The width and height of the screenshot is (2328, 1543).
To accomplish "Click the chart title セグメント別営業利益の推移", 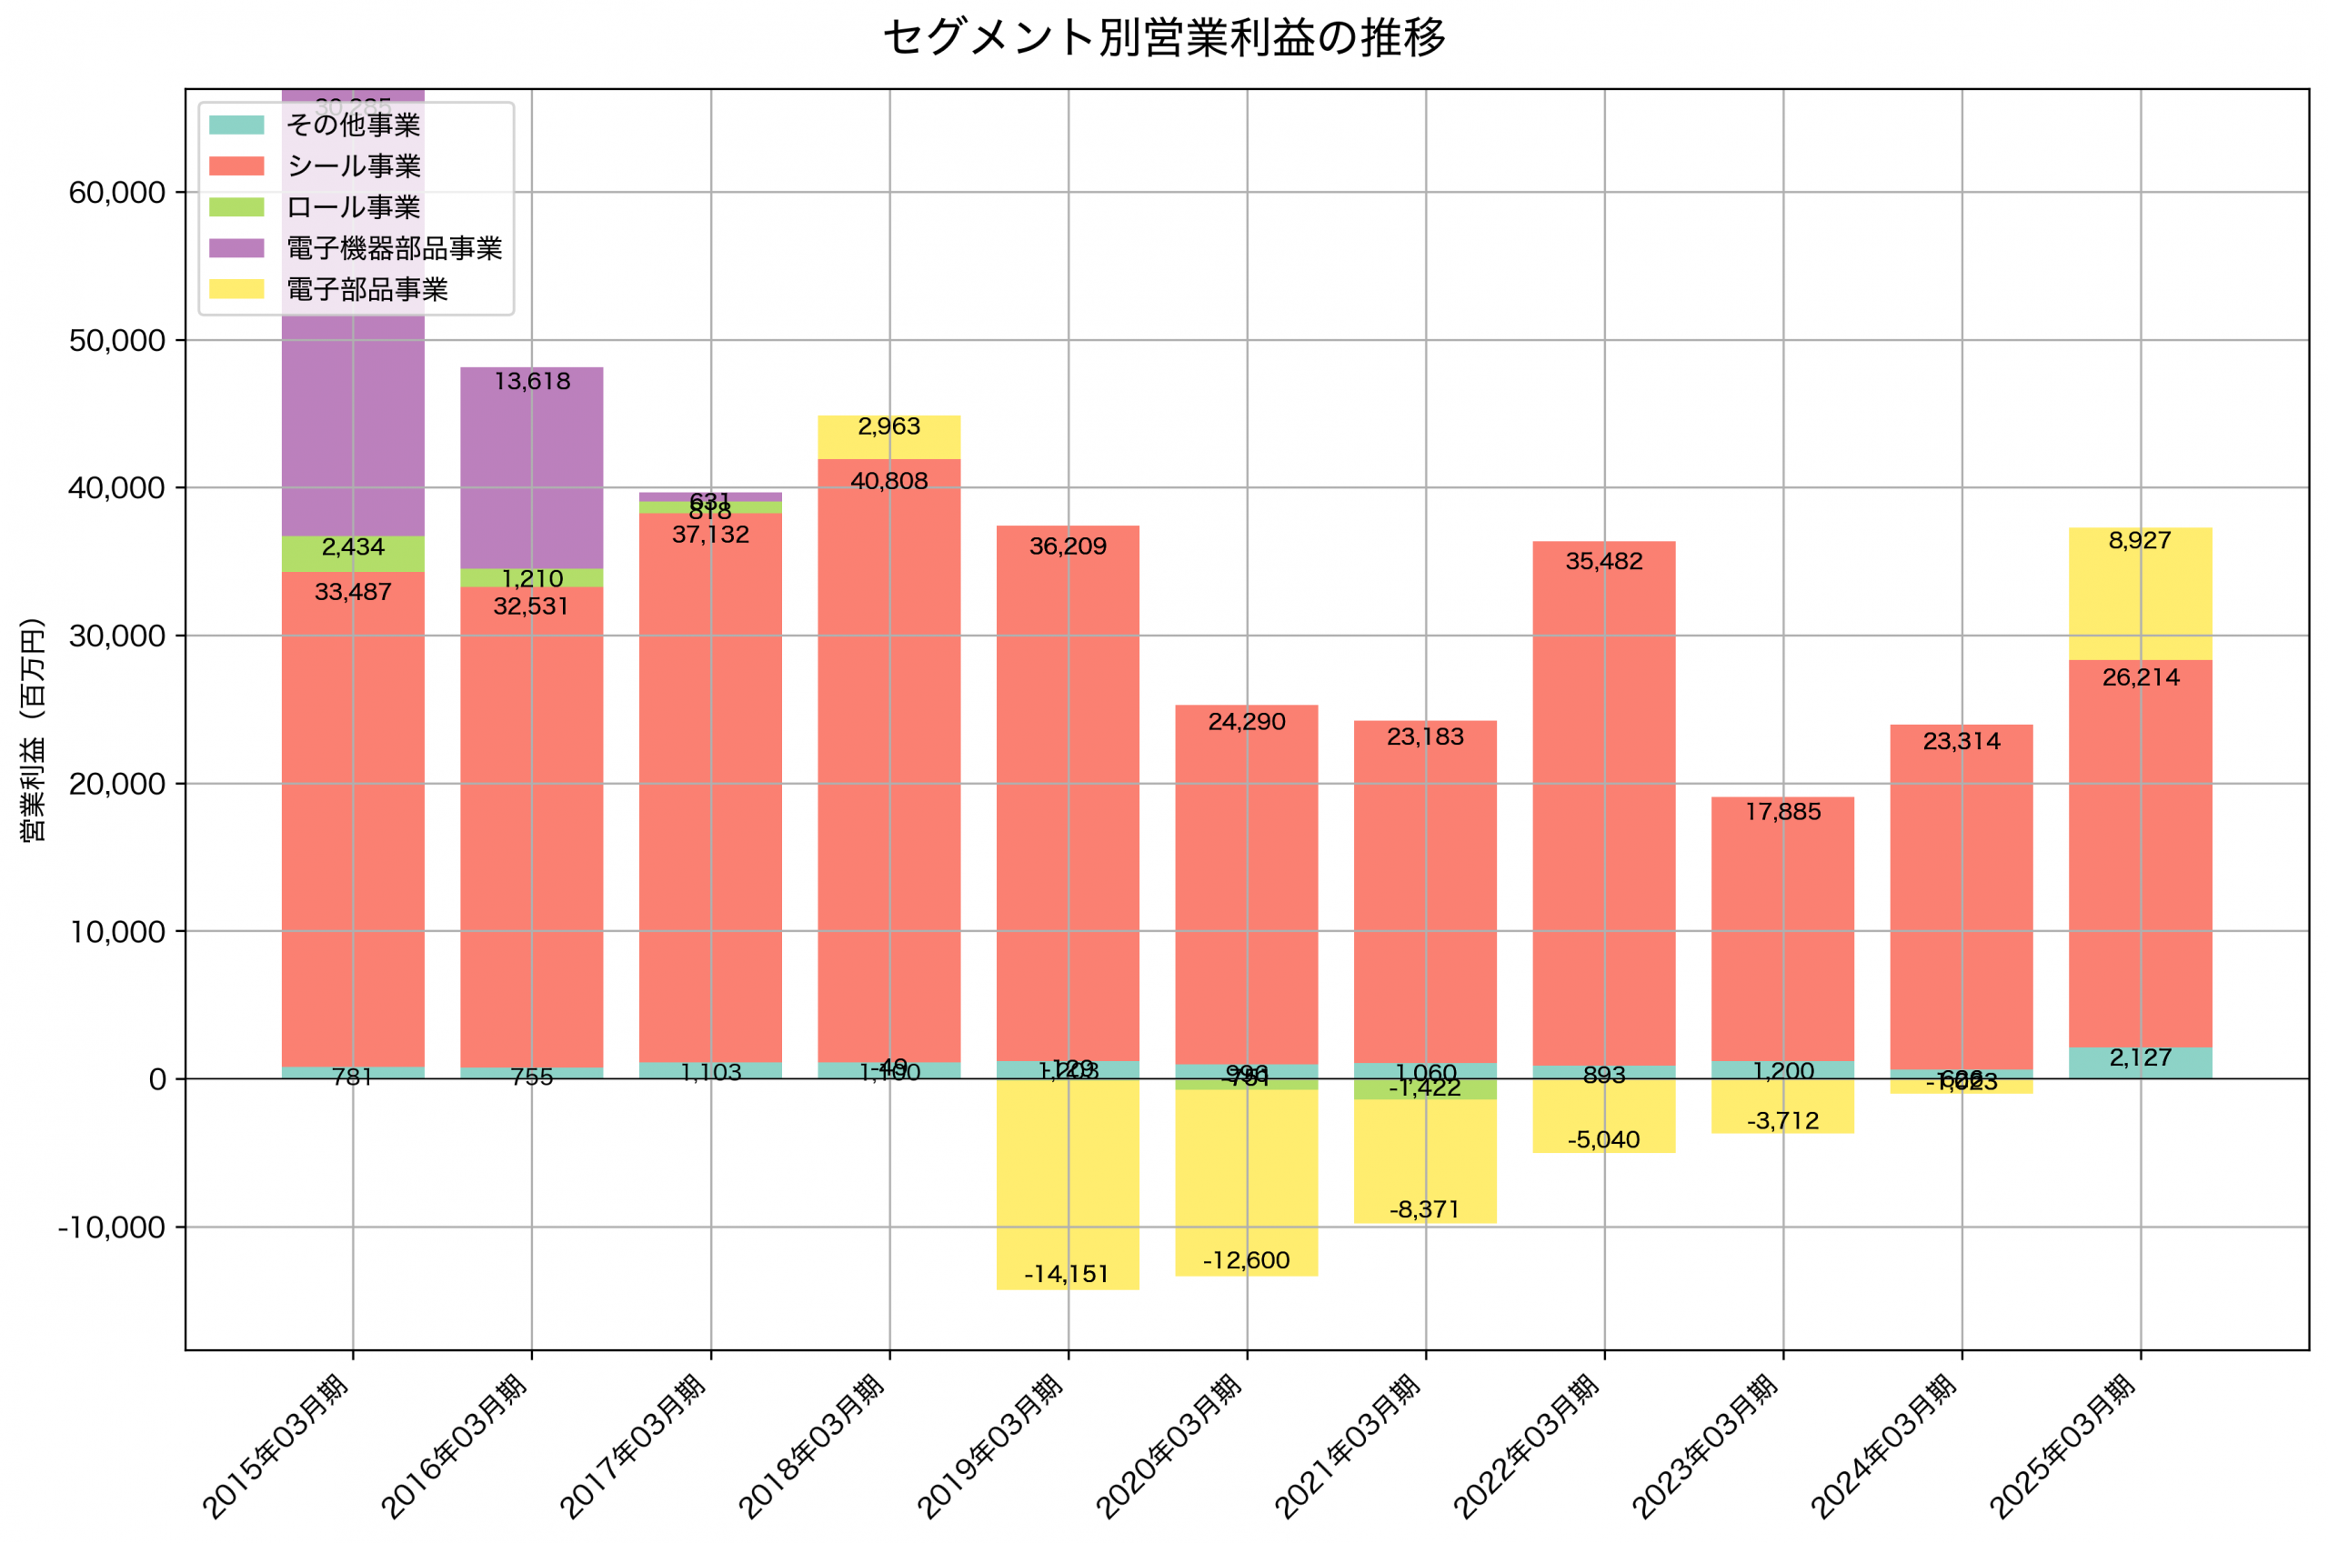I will pos(1164,38).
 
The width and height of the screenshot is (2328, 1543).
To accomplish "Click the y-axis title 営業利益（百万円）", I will pos(33,729).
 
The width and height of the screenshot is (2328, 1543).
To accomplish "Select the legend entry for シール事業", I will pos(353,166).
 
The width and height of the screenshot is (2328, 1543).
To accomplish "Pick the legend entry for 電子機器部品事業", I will pos(394,248).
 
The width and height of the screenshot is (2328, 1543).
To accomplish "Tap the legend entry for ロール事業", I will pos(353,207).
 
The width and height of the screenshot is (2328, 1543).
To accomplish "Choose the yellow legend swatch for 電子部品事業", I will pos(236,289).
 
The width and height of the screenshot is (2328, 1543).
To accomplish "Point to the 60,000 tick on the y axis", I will pos(117,193).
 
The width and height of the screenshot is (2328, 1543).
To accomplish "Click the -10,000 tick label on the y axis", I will pos(111,1227).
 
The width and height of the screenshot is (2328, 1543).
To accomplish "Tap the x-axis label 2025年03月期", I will pos(2062,1446).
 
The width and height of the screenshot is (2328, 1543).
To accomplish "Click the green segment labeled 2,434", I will pos(353,554).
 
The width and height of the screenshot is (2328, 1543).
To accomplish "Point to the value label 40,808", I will pos(888,481).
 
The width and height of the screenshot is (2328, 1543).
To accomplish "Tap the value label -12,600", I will pos(1246,1260).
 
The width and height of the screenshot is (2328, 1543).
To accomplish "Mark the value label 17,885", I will pos(1783,812).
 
